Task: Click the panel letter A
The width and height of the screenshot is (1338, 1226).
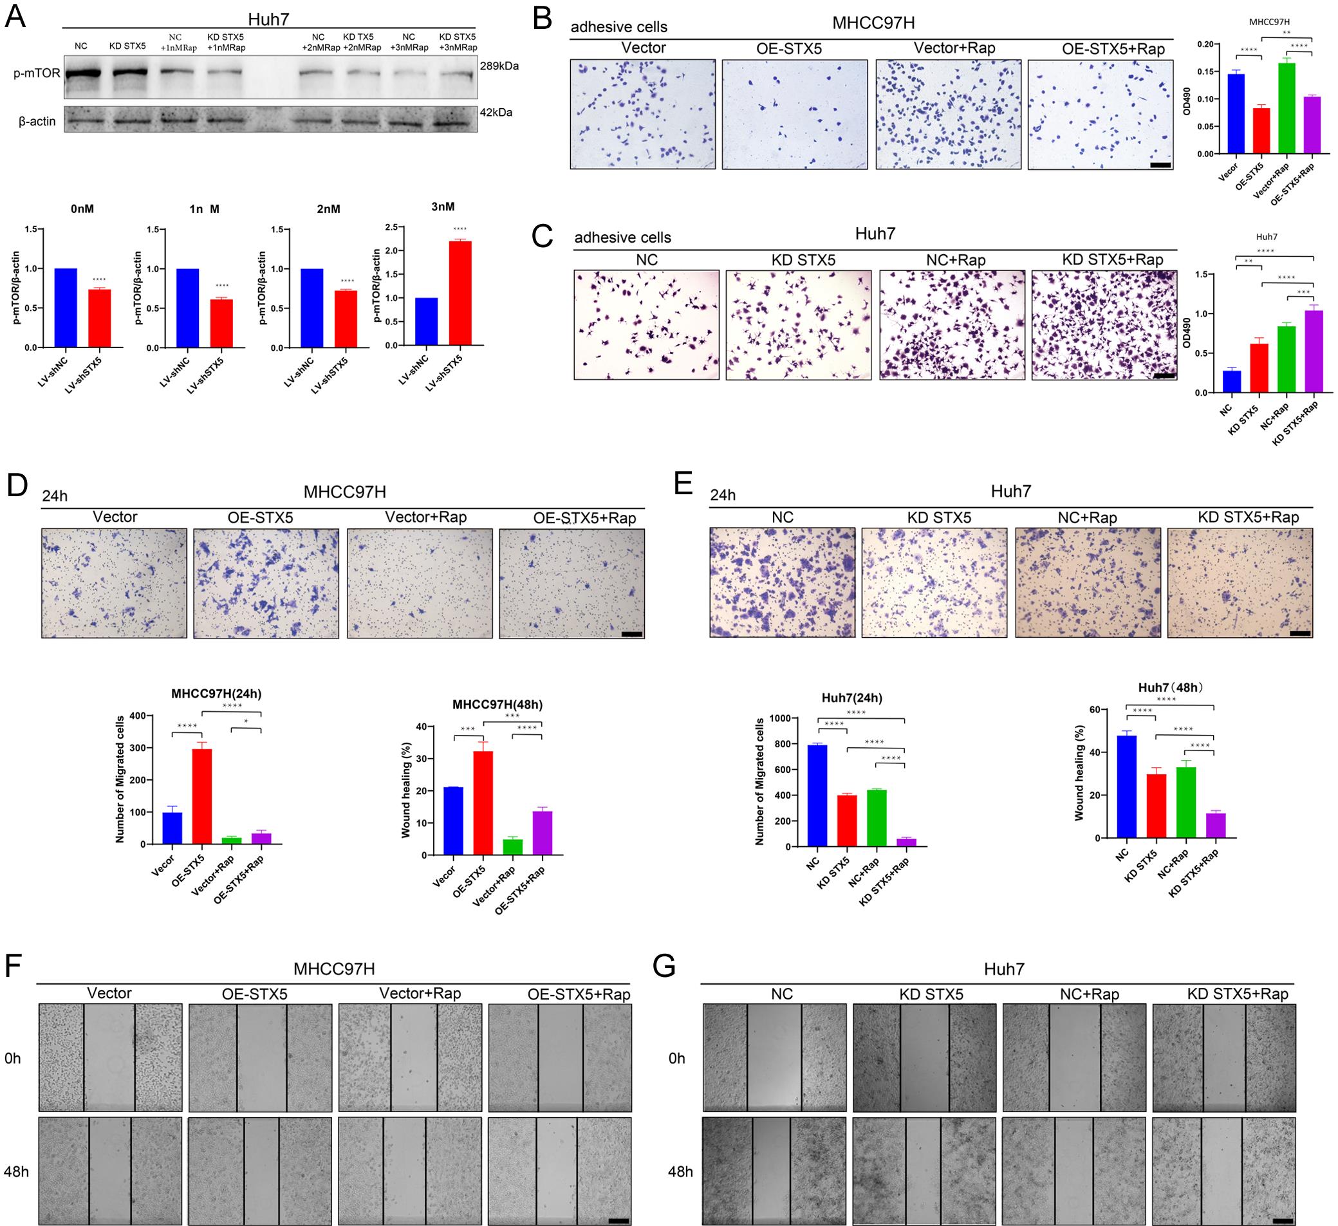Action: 16,17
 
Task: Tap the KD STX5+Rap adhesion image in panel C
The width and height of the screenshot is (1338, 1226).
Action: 1104,324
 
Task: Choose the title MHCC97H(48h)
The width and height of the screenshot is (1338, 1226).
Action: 494,703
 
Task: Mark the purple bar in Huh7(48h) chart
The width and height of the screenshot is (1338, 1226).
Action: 1216,825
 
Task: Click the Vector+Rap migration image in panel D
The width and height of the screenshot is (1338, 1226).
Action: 420,584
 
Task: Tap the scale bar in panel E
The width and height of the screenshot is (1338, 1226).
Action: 1300,633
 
